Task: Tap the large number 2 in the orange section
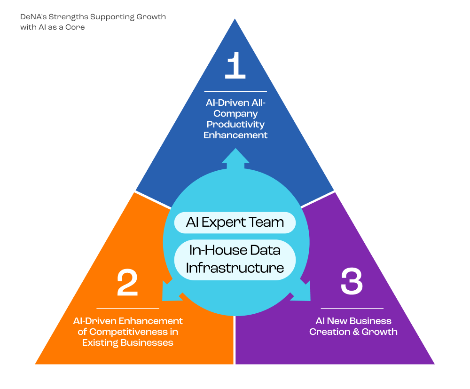tap(127, 283)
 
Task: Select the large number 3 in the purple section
tap(352, 281)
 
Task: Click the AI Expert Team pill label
tap(235, 222)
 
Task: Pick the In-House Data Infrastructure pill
tap(235, 259)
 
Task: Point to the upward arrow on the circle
tap(235, 159)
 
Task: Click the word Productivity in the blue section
tap(235, 124)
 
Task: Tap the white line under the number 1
tap(235, 91)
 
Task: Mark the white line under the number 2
tap(127, 309)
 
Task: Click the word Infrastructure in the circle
tap(235, 268)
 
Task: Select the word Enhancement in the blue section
tap(235, 135)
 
